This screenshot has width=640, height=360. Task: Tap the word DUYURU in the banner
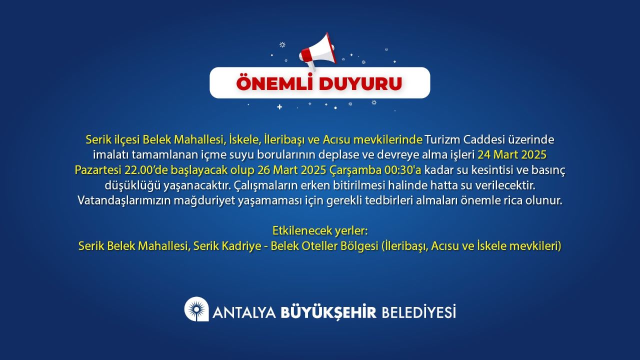click(360, 83)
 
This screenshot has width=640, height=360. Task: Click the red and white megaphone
click(317, 52)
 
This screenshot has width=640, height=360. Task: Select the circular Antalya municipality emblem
click(196, 309)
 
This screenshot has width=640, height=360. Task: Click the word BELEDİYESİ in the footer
click(419, 311)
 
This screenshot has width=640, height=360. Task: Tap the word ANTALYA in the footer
click(244, 312)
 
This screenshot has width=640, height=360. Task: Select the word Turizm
click(442, 139)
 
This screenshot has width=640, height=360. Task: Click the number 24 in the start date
click(484, 155)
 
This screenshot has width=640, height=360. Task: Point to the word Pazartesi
click(97, 170)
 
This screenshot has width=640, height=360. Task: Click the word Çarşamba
click(355, 170)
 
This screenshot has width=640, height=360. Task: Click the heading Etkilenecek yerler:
click(320, 230)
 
